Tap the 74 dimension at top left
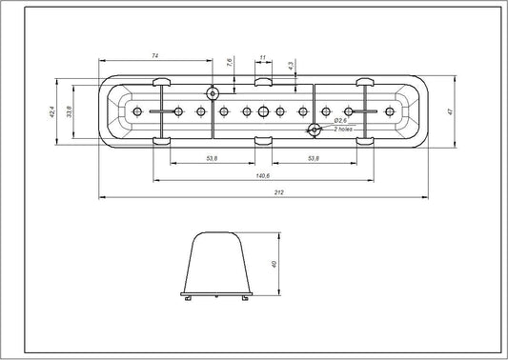point(155,57)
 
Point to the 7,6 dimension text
point(230,63)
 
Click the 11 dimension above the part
point(262,58)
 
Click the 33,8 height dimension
point(70,112)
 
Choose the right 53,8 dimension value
point(314,157)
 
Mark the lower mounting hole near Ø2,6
point(313,130)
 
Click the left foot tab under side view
point(190,297)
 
